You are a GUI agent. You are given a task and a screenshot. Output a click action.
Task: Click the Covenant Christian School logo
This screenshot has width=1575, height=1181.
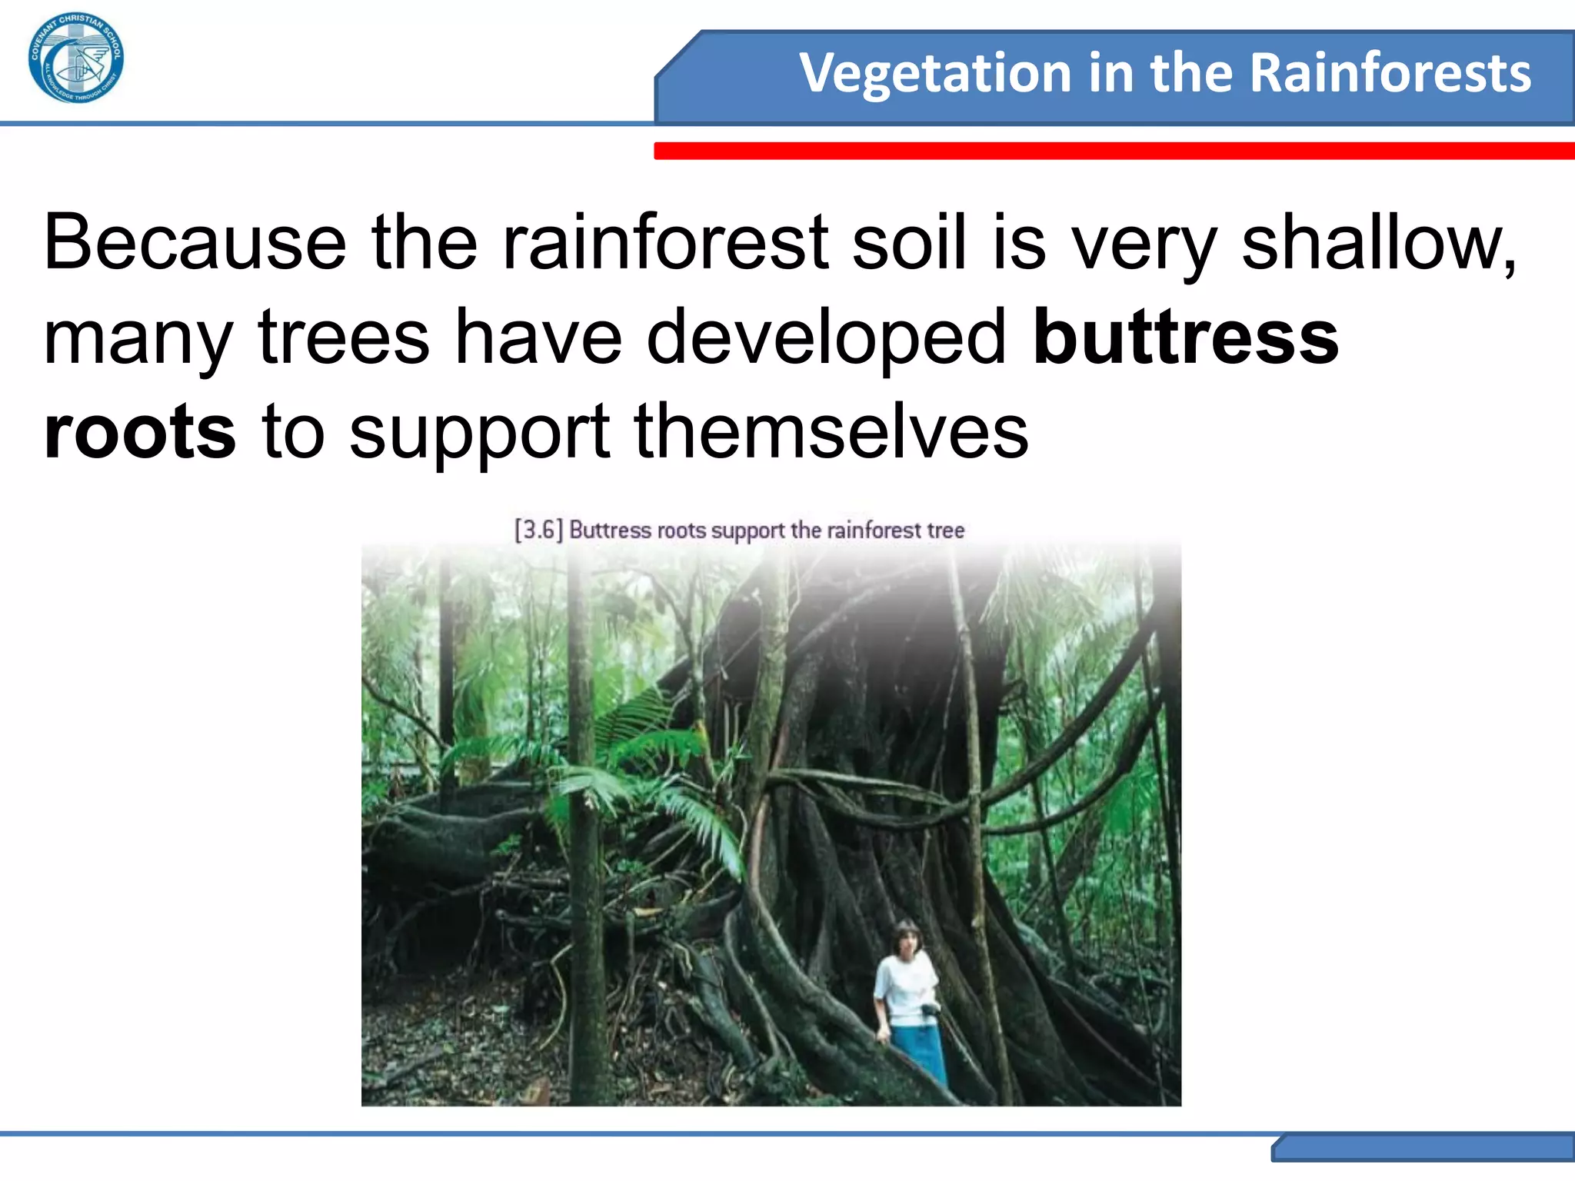coord(75,58)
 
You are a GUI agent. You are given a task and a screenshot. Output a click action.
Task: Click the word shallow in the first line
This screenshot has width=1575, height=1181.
coord(1377,243)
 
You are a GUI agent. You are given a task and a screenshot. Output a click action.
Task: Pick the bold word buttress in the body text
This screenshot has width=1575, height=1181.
coord(1185,338)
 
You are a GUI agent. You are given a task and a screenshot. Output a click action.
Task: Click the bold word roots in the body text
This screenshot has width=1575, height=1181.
coord(140,432)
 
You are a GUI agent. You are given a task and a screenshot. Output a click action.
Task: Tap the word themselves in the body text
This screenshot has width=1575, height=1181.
coord(831,432)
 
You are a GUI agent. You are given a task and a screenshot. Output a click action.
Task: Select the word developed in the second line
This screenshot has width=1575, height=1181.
coord(826,338)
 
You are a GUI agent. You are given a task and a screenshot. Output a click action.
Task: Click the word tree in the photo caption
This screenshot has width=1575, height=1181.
coord(945,531)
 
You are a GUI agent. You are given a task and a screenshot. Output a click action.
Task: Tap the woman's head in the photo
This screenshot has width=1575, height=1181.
coord(906,940)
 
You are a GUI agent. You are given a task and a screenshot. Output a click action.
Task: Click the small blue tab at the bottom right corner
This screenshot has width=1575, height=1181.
coord(1423,1149)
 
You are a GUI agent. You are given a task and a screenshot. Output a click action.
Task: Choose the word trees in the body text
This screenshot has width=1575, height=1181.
coord(343,338)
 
